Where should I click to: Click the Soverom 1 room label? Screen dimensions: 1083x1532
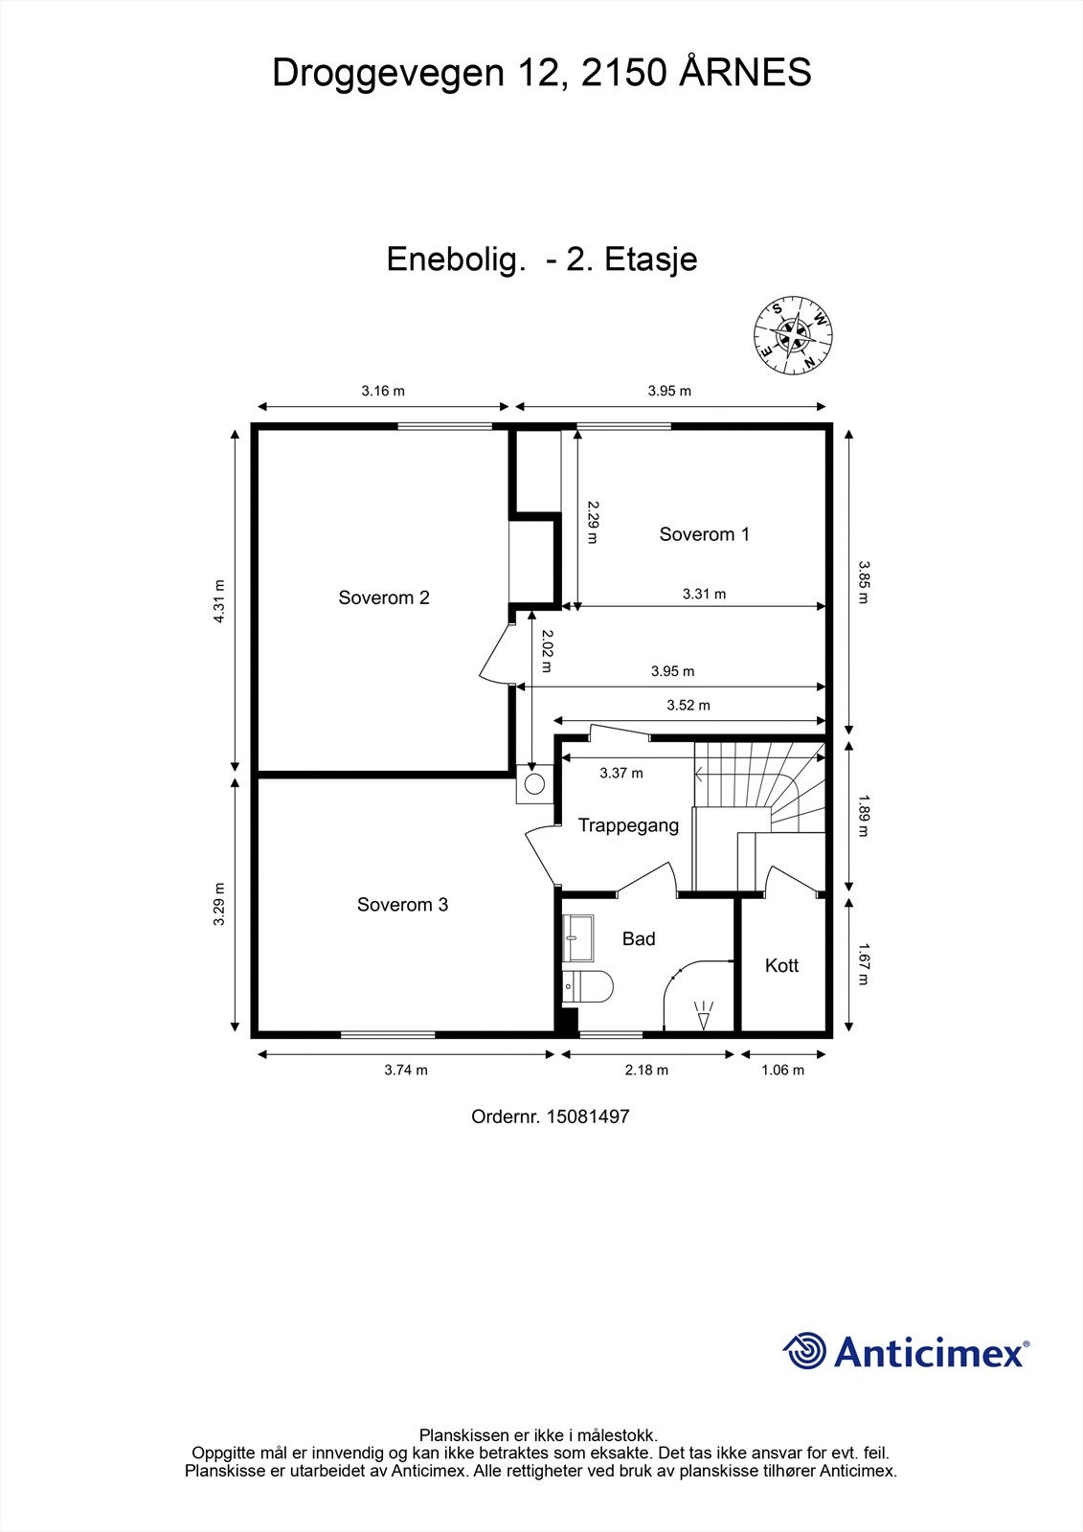tap(704, 534)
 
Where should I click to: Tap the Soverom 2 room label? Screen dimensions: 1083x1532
tap(384, 597)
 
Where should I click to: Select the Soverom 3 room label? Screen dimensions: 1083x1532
tap(402, 905)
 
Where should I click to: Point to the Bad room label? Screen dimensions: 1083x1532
tap(639, 939)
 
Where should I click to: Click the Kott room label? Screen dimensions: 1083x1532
tap(781, 966)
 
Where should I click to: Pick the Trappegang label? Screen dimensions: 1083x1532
tap(628, 826)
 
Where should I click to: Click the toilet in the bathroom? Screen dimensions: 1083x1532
tap(588, 986)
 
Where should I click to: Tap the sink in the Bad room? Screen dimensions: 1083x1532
tap(577, 938)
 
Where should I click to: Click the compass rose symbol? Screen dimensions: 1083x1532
tap(793, 335)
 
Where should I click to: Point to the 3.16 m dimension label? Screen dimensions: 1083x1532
tap(383, 392)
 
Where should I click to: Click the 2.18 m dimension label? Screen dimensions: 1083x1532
tap(646, 1070)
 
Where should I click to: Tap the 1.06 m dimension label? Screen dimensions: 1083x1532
tap(782, 1070)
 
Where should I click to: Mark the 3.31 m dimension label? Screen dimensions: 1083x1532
tap(704, 595)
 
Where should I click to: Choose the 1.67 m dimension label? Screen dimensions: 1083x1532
tap(863, 963)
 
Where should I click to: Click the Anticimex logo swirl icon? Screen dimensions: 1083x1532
tap(804, 1351)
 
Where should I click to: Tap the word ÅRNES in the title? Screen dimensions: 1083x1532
tap(745, 73)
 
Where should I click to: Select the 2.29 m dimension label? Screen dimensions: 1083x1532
tap(593, 523)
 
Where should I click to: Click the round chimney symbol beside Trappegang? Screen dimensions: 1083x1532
tap(534, 784)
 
